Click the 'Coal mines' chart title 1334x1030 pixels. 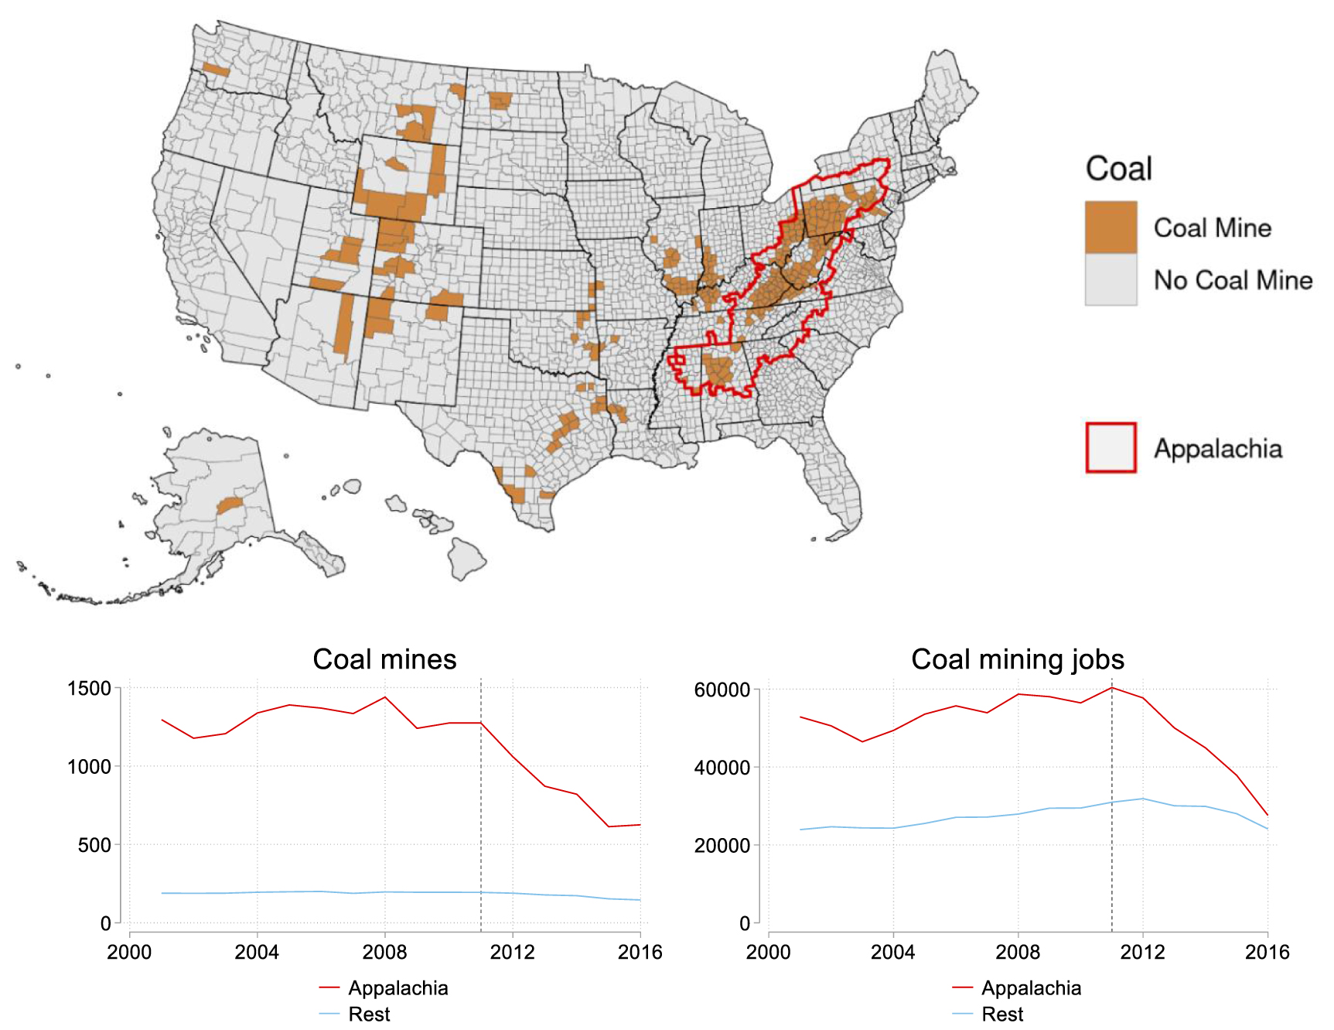384,659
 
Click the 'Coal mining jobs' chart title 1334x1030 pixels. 1017,659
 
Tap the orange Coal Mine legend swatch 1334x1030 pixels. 1111,227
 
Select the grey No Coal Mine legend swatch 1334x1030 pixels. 1111,279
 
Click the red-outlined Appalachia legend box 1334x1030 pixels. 1111,447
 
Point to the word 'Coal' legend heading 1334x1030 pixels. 1118,169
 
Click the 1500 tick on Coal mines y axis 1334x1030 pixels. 89,688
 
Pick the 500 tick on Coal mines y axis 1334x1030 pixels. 94,845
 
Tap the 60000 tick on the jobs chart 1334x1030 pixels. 722,690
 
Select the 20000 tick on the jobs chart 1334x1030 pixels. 722,845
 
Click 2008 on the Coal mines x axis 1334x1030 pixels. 384,952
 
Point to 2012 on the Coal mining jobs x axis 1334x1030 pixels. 1142,952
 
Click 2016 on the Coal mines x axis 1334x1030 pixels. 640,952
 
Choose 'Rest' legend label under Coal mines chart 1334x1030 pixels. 369,1014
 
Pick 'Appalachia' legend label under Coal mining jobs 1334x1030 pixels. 1031,988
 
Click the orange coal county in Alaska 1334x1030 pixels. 230,506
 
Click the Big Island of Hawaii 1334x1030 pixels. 468,559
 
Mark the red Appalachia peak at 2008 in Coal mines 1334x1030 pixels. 385,697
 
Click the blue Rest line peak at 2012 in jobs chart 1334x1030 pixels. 1143,799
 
